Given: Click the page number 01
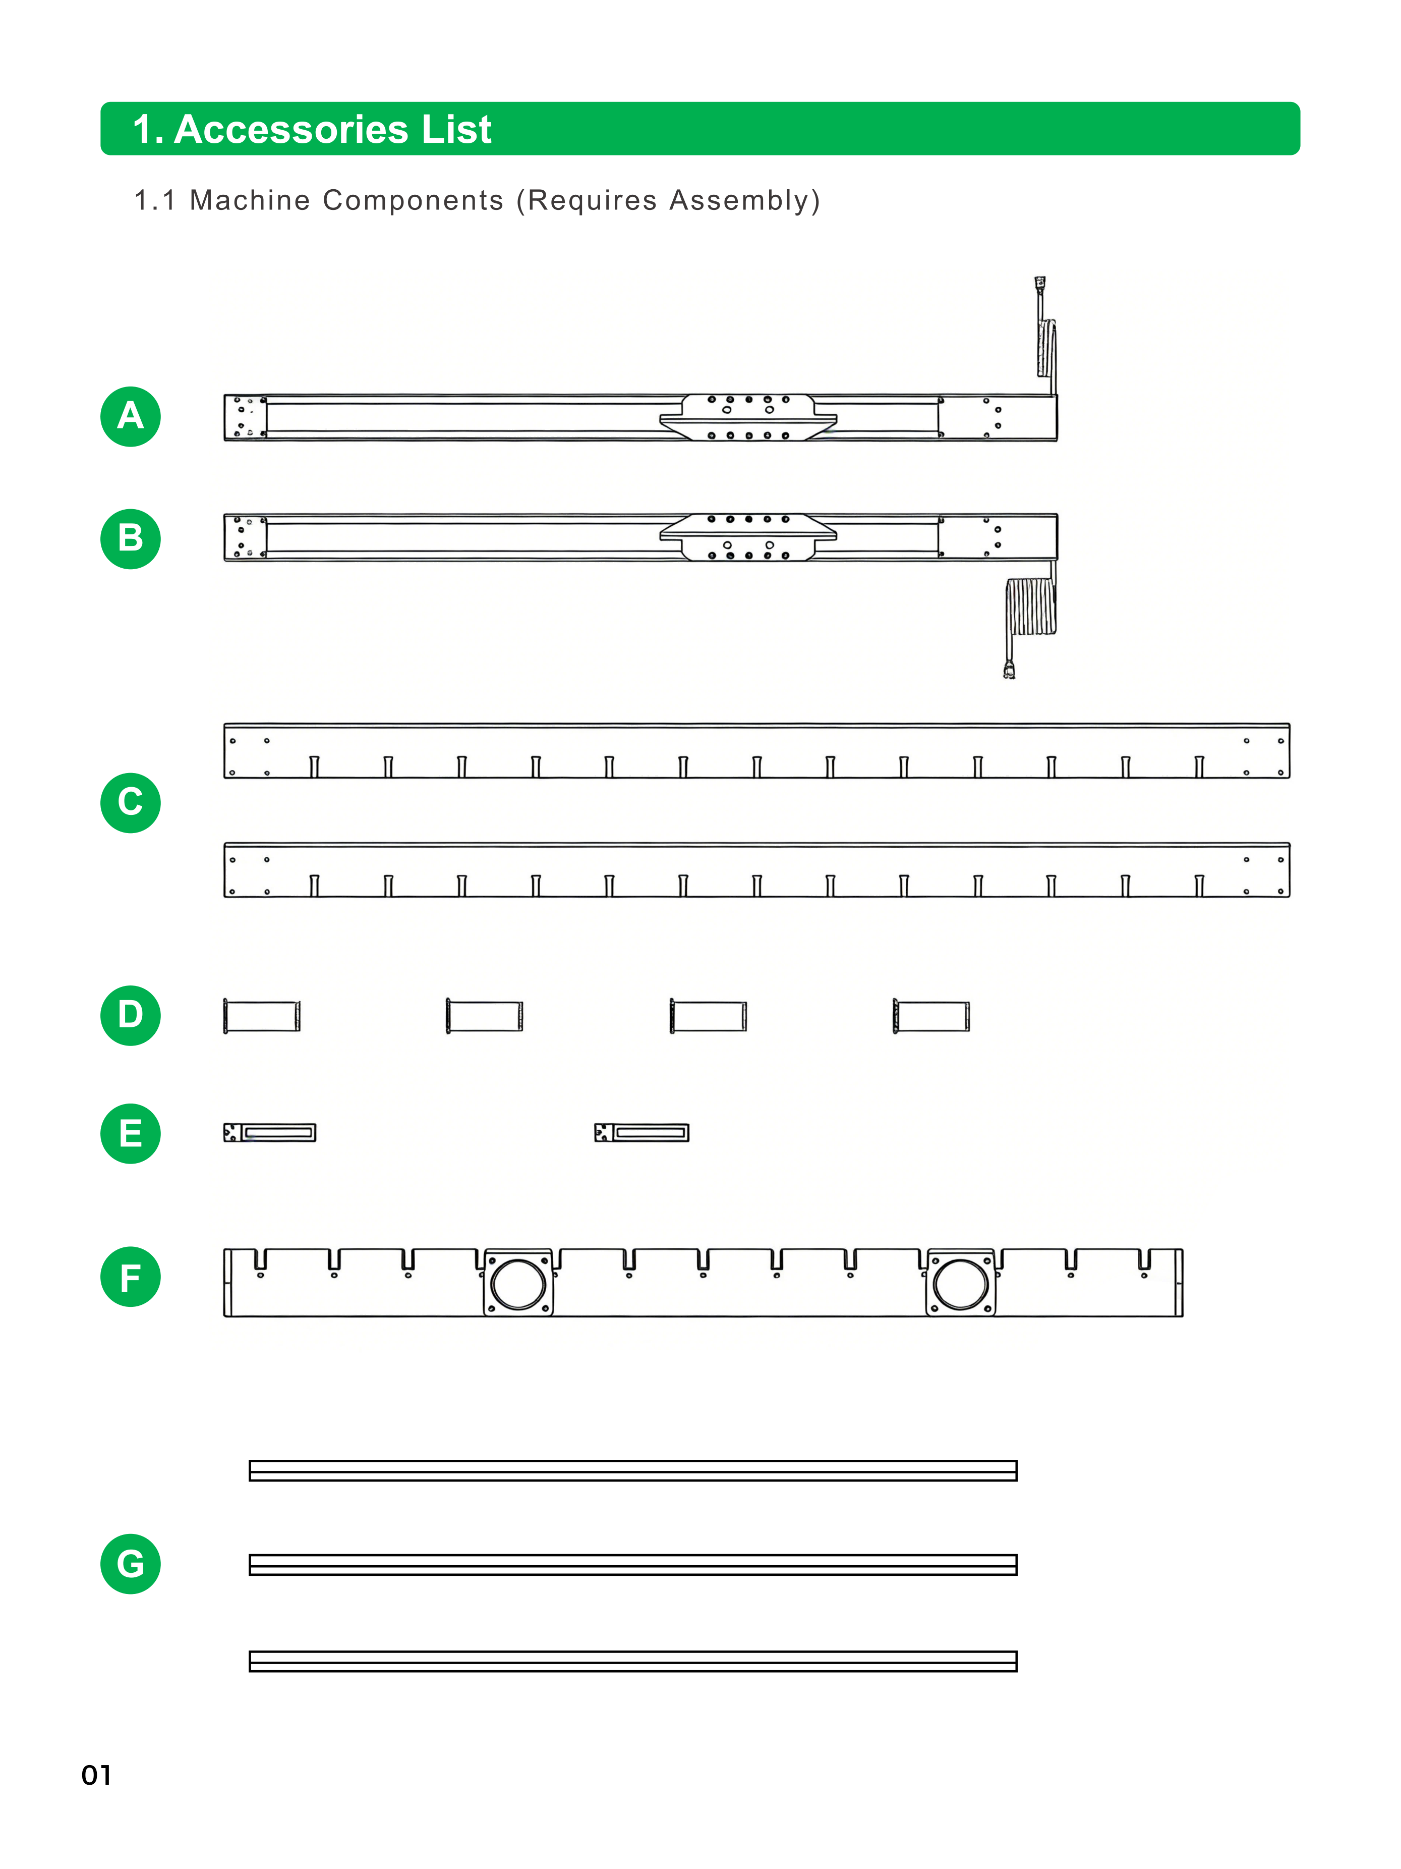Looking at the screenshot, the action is click(96, 1775).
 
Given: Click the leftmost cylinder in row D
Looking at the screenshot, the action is click(262, 1016).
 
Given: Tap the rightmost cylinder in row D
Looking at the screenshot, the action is click(931, 1016).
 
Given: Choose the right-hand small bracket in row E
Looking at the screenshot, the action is click(642, 1132).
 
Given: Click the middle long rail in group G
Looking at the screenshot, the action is click(633, 1565).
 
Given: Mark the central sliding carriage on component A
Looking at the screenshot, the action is click(748, 417).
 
